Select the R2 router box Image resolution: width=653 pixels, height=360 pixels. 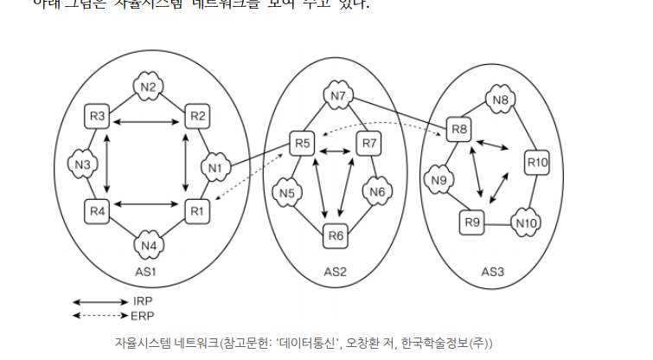[198, 116]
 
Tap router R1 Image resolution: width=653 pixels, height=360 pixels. [198, 209]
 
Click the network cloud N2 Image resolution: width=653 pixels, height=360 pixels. [148, 87]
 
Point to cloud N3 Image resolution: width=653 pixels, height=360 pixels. [82, 164]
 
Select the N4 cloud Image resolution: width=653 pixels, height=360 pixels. [148, 245]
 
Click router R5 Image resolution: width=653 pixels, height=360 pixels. [302, 142]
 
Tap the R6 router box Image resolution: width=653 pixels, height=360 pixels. [336, 235]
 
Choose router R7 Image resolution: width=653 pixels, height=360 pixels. [369, 142]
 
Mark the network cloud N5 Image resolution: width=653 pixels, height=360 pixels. [288, 192]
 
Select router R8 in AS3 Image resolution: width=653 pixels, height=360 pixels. [458, 130]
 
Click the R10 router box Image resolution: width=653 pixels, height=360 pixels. [537, 162]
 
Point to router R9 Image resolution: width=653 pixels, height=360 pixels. [471, 222]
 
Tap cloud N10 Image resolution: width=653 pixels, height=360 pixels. [525, 222]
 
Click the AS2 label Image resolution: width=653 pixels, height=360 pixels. [335, 272]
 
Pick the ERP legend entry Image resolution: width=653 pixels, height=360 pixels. [144, 314]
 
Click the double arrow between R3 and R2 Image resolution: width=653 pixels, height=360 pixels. [147, 122]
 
